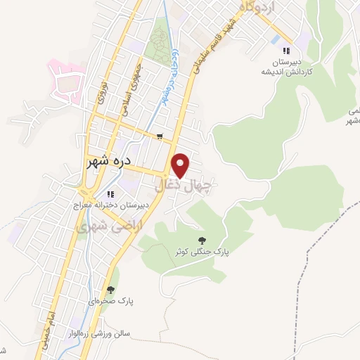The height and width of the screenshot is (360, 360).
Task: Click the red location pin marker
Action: tap(181, 165)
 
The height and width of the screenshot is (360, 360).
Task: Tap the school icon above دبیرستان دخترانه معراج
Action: tap(110, 195)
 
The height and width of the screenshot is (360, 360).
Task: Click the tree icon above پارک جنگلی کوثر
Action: tap(204, 239)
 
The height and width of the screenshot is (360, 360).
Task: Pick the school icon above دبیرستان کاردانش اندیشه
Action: tap(285, 51)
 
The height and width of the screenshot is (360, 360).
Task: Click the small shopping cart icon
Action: tap(160, 136)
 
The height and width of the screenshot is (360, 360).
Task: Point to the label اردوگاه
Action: tap(250, 6)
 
